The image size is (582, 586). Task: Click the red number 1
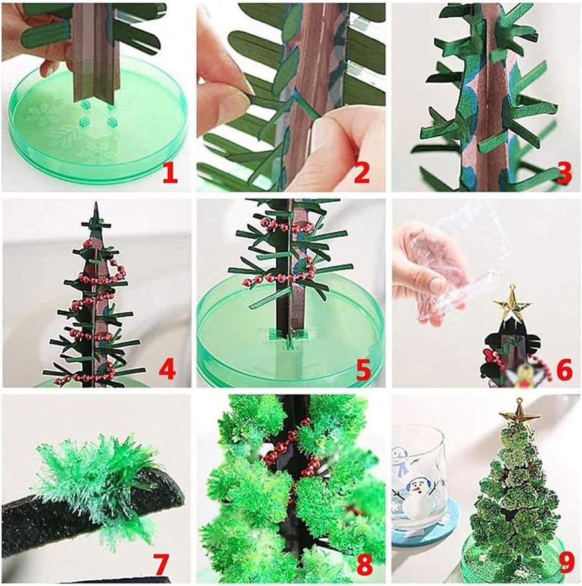(169, 173)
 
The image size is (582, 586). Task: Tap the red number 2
(361, 173)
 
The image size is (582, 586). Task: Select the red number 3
(563, 173)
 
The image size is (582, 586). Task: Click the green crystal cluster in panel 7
(97, 479)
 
